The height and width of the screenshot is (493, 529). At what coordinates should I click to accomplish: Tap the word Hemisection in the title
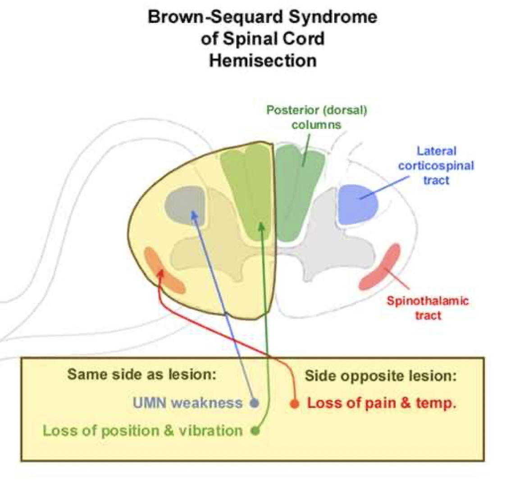[x=263, y=60]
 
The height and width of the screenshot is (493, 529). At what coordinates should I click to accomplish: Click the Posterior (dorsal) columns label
[x=316, y=117]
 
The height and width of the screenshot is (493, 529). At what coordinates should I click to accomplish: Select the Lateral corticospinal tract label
[x=436, y=165]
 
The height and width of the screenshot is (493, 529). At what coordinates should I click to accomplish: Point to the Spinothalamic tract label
[x=428, y=308]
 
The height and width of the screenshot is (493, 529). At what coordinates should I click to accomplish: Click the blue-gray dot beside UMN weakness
[x=255, y=402]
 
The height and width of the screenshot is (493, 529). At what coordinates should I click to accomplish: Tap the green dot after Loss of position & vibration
[x=255, y=430]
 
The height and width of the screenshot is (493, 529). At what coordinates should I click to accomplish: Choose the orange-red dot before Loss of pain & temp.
[x=294, y=403]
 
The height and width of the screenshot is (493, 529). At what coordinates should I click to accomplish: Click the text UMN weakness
[x=187, y=402]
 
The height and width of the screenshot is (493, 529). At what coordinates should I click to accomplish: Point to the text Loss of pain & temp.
[x=382, y=403]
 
